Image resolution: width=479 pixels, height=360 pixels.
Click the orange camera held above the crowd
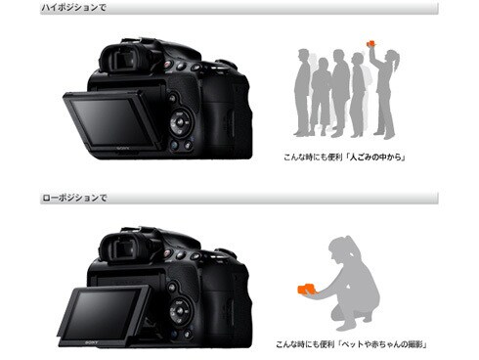370,43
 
